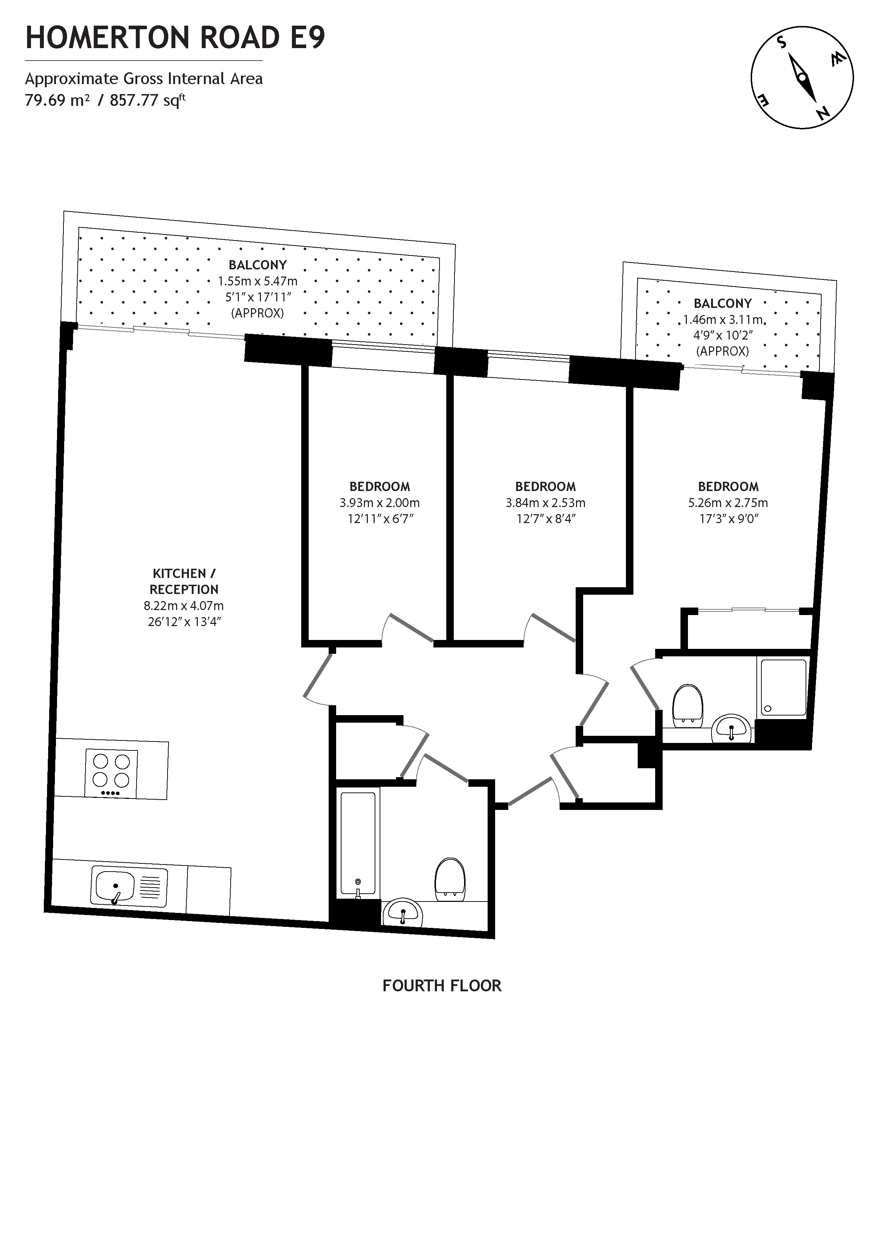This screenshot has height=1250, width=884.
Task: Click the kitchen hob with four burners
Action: [x=111, y=773]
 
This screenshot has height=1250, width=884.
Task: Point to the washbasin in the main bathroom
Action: [x=402, y=913]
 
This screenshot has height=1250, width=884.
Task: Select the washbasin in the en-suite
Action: [x=731, y=728]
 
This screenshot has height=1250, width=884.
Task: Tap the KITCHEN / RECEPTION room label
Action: [x=184, y=582]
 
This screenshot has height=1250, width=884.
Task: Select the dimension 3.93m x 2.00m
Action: [x=380, y=503]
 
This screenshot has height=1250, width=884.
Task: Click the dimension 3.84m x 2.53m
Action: [x=545, y=503]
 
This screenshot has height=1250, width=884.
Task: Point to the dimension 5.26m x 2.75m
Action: [x=728, y=503]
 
